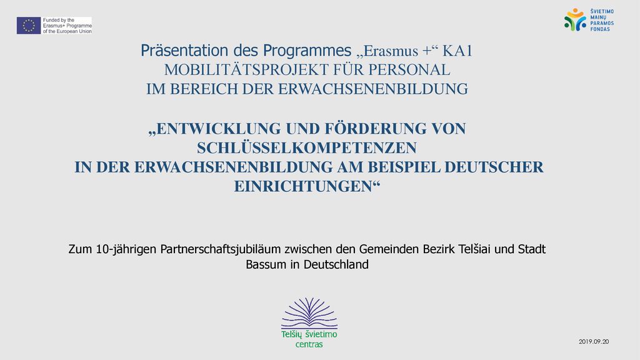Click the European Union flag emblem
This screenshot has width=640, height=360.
[29, 25]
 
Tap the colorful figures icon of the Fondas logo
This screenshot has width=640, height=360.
[575, 19]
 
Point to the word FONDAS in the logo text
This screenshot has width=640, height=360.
[600, 29]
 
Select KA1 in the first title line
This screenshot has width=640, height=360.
[457, 51]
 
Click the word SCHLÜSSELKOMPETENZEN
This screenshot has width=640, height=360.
[307, 147]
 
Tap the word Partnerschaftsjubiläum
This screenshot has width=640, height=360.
[221, 249]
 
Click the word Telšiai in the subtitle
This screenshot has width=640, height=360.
[474, 249]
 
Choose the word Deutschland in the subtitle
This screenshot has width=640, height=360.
[336, 264]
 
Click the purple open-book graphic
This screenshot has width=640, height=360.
[309, 313]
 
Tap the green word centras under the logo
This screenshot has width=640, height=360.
[309, 344]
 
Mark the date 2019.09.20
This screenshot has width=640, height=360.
[594, 342]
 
